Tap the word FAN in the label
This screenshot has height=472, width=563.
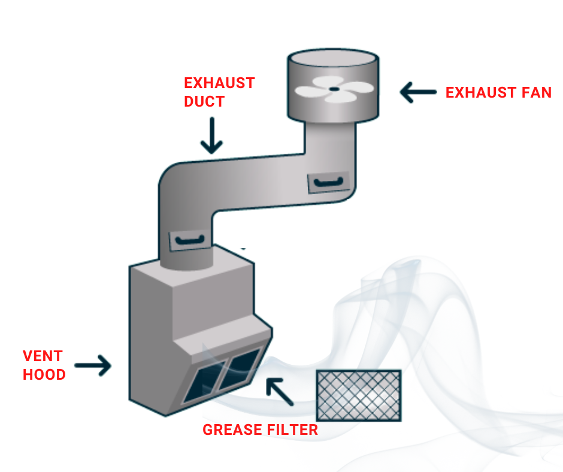(535, 93)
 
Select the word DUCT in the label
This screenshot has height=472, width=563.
(204, 101)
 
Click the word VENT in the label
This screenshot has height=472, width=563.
(43, 356)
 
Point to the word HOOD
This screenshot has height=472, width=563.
(44, 375)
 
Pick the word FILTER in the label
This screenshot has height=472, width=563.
(291, 429)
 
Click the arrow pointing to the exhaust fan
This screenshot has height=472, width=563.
(418, 93)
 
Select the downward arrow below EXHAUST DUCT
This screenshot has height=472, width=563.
(211, 135)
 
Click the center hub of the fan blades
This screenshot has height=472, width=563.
(334, 89)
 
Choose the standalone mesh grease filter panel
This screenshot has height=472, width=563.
(358, 395)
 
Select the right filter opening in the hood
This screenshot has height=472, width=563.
(243, 367)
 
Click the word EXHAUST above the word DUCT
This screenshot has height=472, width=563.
(219, 83)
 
